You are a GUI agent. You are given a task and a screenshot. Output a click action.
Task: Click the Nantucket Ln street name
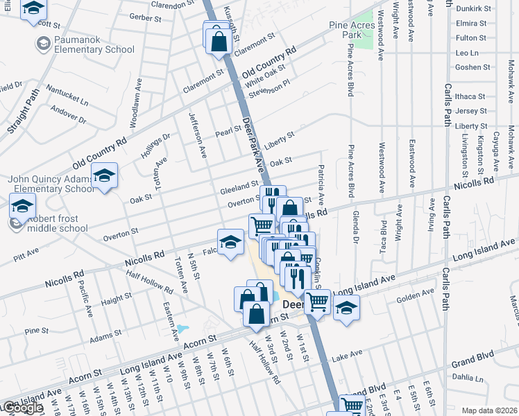click(67, 95)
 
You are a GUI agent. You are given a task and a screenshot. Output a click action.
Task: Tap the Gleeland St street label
click(239, 188)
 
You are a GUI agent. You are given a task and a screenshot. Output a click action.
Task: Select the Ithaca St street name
click(471, 96)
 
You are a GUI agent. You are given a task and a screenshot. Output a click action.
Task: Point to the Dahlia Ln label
click(466, 379)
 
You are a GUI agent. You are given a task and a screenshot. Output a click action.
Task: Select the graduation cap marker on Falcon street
click(230, 243)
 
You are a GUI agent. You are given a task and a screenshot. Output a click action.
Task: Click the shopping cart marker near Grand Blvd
click(352, 406)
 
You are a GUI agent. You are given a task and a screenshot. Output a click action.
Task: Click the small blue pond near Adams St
click(182, 328)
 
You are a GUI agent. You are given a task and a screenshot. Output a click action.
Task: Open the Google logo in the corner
click(22, 408)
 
